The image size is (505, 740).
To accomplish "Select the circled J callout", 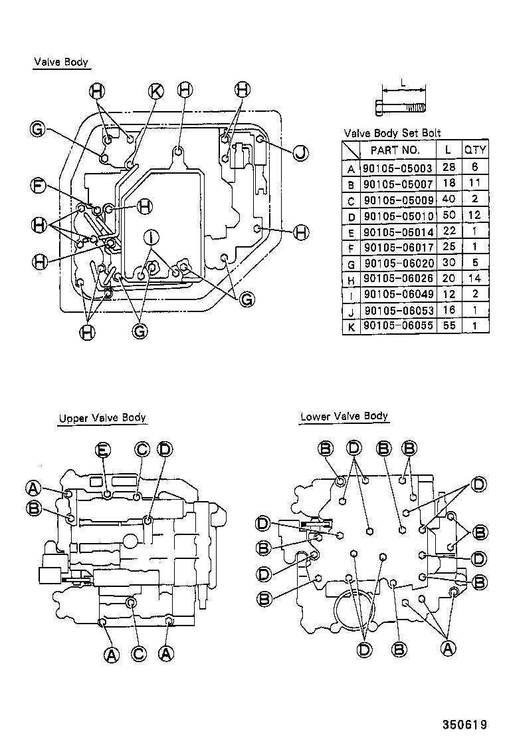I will click(x=300, y=153).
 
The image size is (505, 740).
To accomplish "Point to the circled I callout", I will click(x=151, y=236).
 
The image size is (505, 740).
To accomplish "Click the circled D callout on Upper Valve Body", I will click(x=164, y=451).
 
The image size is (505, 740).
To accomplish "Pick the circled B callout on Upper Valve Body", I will click(x=33, y=509).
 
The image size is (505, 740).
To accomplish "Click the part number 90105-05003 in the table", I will click(x=395, y=169).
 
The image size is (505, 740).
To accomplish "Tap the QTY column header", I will click(x=475, y=150).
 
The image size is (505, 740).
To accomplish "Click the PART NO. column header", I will click(x=395, y=150).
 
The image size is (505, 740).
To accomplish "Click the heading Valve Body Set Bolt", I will click(x=392, y=133).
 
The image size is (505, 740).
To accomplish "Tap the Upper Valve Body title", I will click(x=102, y=419).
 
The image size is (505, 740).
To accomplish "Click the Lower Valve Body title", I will click(x=344, y=417).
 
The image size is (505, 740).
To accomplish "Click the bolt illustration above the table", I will click(x=403, y=106).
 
